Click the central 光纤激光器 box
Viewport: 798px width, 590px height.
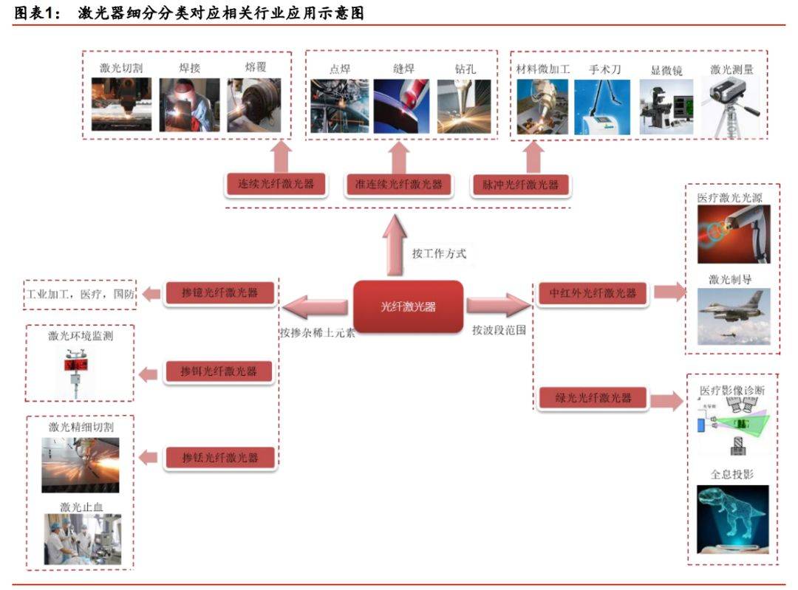pos(408,306)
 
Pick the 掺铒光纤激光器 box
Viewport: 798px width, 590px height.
pos(219,371)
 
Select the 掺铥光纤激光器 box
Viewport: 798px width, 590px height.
pos(219,458)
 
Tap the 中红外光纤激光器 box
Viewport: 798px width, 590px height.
pos(593,293)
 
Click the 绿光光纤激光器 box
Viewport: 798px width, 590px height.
pos(593,399)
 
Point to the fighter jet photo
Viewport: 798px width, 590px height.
pos(733,316)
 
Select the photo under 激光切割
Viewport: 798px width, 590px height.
pos(121,105)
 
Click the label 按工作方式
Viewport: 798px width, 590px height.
pos(439,254)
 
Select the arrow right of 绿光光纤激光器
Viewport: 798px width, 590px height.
pos(667,400)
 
